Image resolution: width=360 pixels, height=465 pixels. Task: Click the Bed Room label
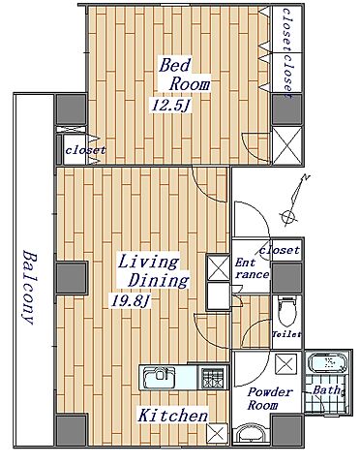185,75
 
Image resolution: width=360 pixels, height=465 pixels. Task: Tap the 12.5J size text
170,106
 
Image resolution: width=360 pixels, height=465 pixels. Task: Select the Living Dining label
153,271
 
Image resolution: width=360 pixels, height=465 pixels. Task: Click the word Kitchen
173,415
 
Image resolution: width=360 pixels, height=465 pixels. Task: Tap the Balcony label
30,287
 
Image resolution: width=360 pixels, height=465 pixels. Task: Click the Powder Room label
270,399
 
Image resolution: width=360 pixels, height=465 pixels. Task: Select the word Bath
327,389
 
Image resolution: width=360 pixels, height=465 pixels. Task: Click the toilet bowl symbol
286,313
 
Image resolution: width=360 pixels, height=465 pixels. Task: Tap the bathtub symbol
328,362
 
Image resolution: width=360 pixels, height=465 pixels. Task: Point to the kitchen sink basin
159,378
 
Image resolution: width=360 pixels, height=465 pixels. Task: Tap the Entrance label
252,268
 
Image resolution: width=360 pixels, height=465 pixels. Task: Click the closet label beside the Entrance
280,250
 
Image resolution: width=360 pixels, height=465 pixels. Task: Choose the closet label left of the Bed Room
85,150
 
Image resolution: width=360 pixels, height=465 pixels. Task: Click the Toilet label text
286,334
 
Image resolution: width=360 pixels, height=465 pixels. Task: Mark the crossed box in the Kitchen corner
217,433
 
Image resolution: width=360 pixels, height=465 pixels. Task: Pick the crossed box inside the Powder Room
286,364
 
